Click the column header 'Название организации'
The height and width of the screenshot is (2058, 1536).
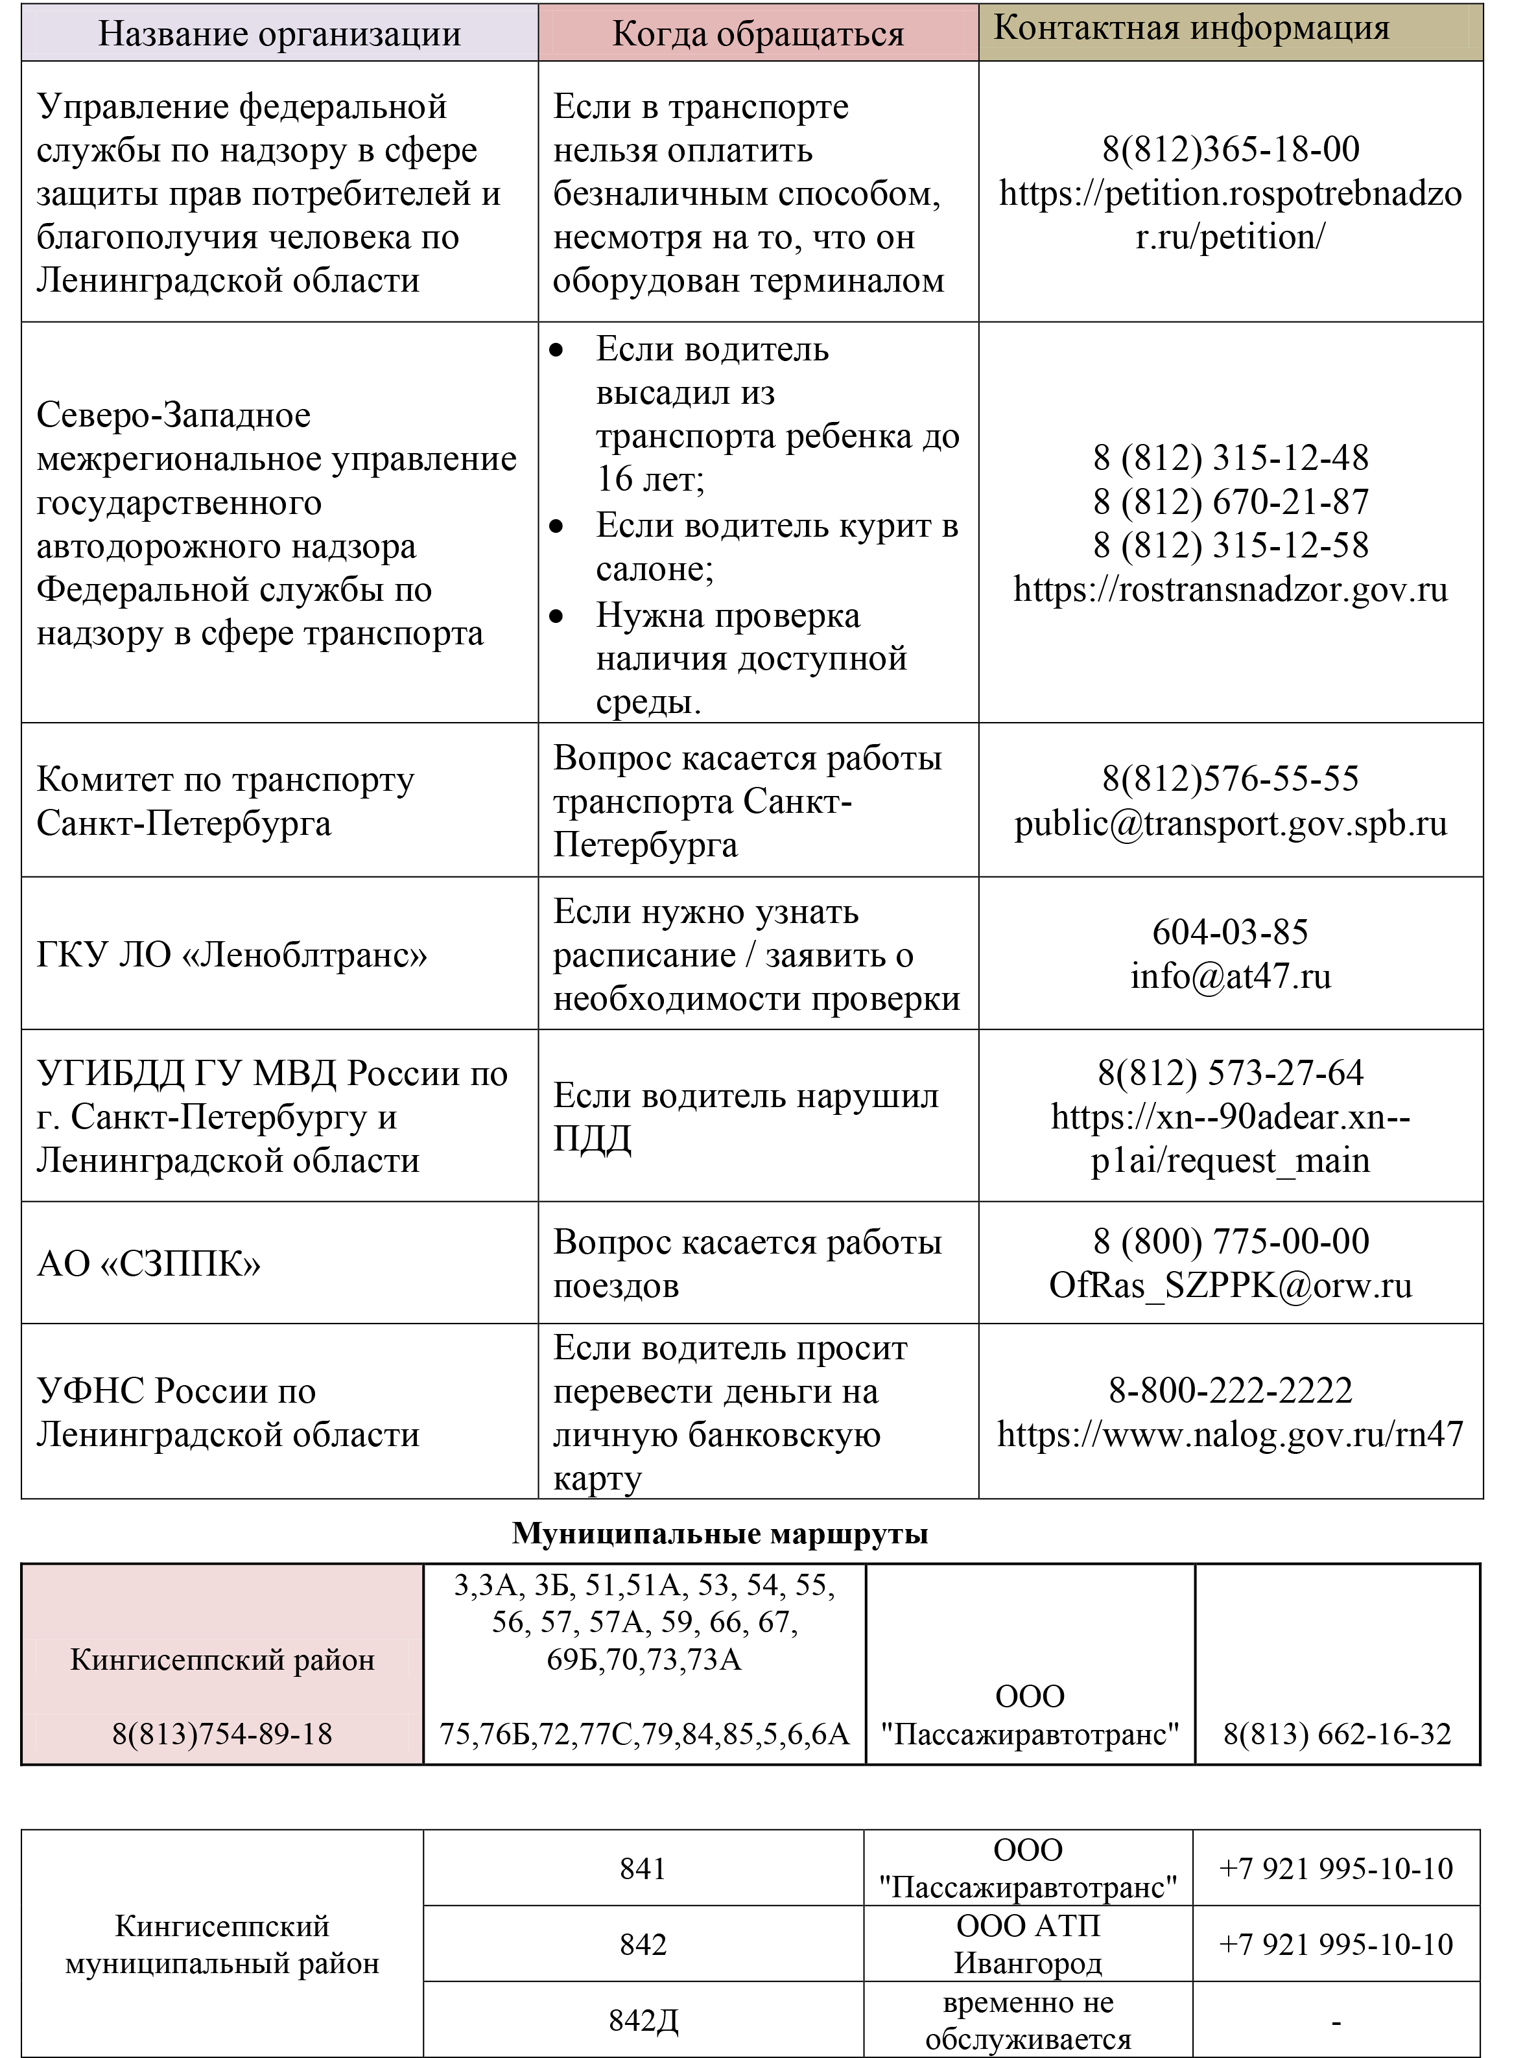[279, 34]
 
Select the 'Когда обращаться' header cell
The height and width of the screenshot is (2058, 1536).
[758, 34]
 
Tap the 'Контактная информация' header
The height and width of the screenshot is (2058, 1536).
[1191, 28]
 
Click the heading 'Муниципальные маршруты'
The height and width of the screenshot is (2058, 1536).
[720, 1534]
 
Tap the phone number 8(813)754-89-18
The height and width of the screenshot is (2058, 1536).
[222, 1734]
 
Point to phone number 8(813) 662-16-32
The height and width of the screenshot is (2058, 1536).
[1337, 1734]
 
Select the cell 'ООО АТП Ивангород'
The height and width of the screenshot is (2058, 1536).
[1028, 1944]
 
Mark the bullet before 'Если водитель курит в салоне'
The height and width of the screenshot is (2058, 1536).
[557, 527]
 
